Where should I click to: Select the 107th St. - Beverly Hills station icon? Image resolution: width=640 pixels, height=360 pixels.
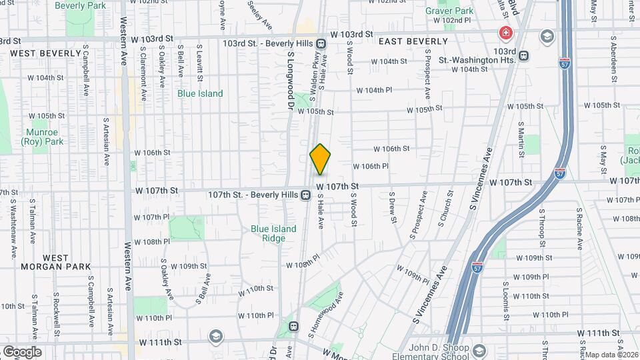coord(305,195)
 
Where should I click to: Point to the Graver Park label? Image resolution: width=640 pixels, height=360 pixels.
coord(455,11)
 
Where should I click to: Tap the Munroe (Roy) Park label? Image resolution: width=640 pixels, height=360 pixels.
coord(41,137)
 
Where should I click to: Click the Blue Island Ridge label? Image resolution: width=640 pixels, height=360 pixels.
coord(273,233)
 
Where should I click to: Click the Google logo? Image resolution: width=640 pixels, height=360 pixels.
coord(21,352)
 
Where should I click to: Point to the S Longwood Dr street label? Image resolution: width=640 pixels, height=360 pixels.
coord(290,81)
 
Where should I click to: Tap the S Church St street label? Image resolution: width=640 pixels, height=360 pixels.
coord(445,208)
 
